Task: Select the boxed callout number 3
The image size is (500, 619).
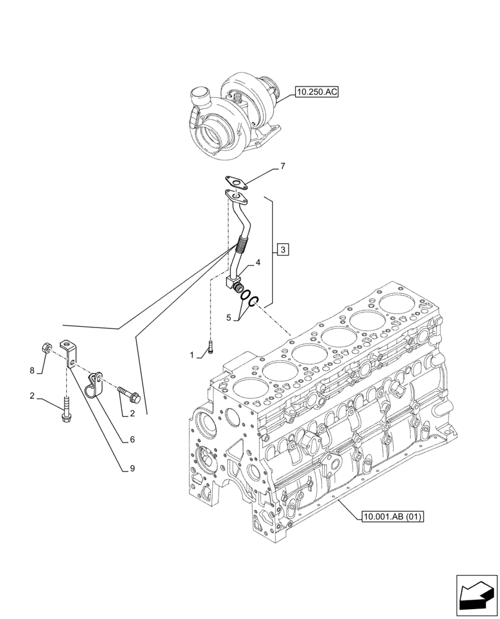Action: [x=282, y=250]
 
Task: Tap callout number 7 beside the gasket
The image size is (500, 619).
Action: [x=283, y=167]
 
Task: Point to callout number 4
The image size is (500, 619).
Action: [x=258, y=263]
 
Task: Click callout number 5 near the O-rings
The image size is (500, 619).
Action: [x=228, y=318]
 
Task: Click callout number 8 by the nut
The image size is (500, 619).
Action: [x=32, y=371]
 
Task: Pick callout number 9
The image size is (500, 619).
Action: [x=132, y=469]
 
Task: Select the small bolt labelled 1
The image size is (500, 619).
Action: [x=211, y=348]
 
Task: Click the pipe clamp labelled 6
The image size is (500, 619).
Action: [x=95, y=384]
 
